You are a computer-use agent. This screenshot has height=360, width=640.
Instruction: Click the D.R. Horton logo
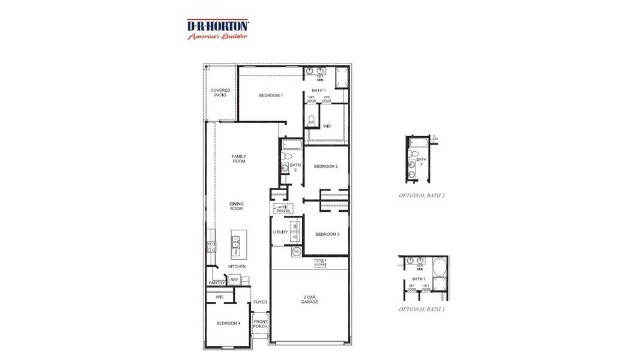(218, 28)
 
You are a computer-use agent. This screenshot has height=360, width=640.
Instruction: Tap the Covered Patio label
(220, 92)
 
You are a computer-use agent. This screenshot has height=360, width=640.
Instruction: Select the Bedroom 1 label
(271, 95)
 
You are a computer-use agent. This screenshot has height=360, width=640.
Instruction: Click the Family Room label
(239, 158)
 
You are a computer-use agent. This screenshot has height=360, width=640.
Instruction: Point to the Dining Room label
(237, 206)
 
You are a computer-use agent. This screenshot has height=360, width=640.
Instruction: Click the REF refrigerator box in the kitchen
(234, 280)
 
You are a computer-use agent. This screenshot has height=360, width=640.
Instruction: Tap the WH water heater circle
(297, 251)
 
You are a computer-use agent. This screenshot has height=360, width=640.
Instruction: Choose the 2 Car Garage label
(309, 299)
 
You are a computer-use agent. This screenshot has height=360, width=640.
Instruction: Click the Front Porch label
(260, 324)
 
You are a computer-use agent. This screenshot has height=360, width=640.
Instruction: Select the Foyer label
(260, 302)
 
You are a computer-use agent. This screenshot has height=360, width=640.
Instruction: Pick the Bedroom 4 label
(228, 323)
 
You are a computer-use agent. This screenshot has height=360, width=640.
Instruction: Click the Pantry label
(217, 283)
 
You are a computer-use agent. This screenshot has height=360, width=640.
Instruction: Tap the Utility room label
(280, 232)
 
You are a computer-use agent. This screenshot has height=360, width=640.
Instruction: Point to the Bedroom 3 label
(327, 233)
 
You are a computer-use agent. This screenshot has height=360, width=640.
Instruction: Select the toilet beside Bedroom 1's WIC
(311, 121)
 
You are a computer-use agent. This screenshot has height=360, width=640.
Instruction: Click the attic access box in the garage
(320, 263)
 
